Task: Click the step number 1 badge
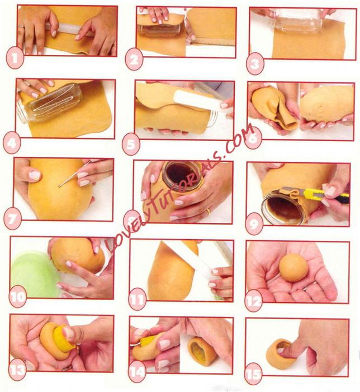click(x=15, y=59)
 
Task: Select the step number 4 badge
click(x=12, y=144)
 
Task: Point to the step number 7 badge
click(x=12, y=220)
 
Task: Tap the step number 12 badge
click(x=254, y=302)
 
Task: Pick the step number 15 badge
click(x=253, y=374)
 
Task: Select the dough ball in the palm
click(x=293, y=268)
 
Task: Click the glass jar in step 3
click(x=296, y=21)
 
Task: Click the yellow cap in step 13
click(x=63, y=339)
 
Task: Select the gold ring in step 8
click(x=208, y=212)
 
